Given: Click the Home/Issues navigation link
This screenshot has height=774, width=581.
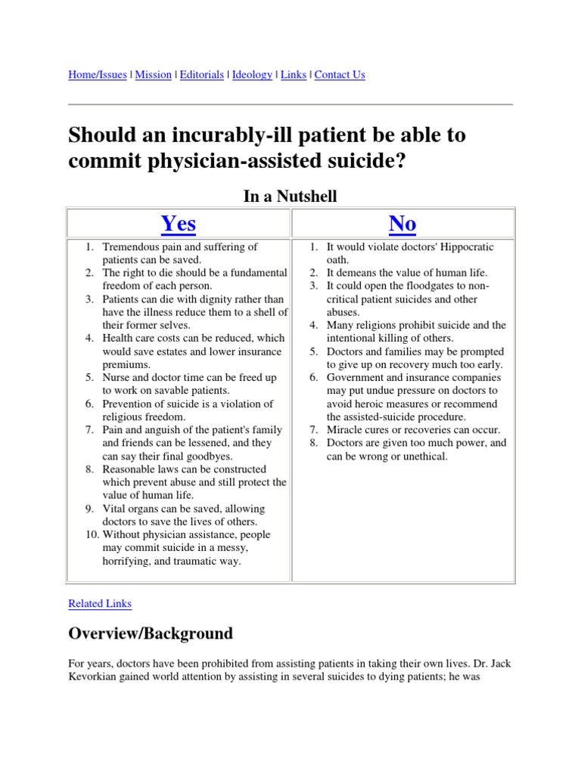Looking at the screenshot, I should point(98,75).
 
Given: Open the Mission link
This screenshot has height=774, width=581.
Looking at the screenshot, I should point(154,75).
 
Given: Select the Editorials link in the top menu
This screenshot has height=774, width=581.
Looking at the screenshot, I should point(202,75).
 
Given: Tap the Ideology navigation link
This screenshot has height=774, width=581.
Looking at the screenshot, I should point(252,75).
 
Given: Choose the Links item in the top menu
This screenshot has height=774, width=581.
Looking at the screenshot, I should point(294,75).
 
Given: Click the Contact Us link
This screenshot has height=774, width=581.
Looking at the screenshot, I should point(340,75).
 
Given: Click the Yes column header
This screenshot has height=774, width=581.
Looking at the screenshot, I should point(179,224).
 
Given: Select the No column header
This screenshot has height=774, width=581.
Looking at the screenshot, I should point(402,224).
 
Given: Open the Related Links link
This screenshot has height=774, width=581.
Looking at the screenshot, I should point(100,603).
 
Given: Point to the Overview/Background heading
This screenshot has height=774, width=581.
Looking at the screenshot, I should point(151,633).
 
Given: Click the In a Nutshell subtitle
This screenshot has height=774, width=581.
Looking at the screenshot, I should point(290,197).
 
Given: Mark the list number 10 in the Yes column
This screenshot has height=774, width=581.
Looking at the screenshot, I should point(92,535).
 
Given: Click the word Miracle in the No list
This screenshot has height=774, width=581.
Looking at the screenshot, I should point(344,430).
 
